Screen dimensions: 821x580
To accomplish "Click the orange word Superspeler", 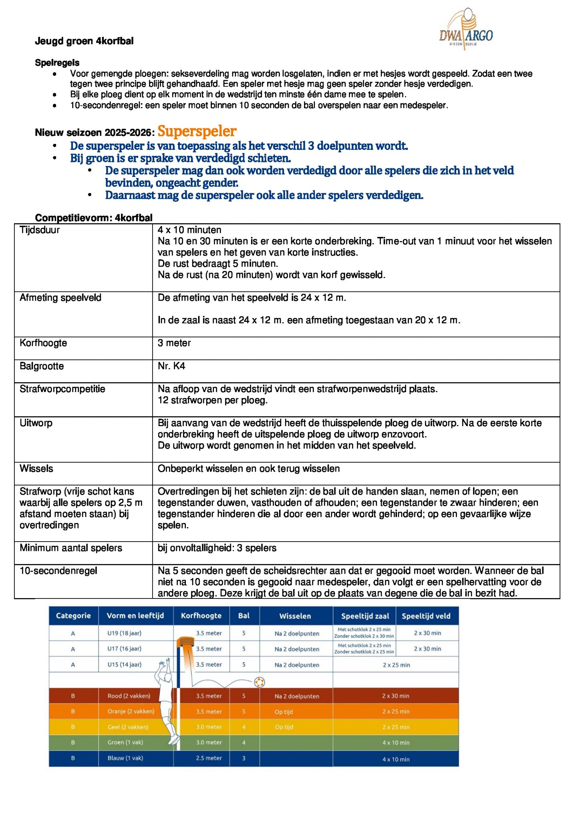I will tap(197, 131).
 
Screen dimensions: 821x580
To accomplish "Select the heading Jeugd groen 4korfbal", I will tap(84, 41).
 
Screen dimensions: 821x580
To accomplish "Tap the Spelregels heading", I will tap(57, 63).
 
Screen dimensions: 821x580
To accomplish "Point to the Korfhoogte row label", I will tap(43, 343).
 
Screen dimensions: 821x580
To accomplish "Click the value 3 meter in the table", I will tap(174, 343).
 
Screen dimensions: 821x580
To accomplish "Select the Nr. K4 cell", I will tap(171, 366).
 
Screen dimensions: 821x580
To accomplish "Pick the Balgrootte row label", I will tap(42, 366).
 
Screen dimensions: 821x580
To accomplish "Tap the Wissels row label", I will tap(36, 469).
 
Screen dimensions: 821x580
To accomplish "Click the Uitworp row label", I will tap(36, 423).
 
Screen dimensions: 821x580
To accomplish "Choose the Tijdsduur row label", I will tap(40, 230).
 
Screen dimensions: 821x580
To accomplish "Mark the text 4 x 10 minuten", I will tap(189, 230).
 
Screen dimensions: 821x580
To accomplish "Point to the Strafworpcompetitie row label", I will tap(62, 389).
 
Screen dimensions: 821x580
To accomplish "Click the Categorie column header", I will tap(73, 616).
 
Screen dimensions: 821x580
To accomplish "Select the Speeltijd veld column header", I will tap(426, 616).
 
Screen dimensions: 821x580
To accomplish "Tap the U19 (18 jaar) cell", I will tap(124, 633).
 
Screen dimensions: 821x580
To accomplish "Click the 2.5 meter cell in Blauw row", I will tap(209, 758).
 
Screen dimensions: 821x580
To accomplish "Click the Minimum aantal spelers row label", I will tap(71, 548).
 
